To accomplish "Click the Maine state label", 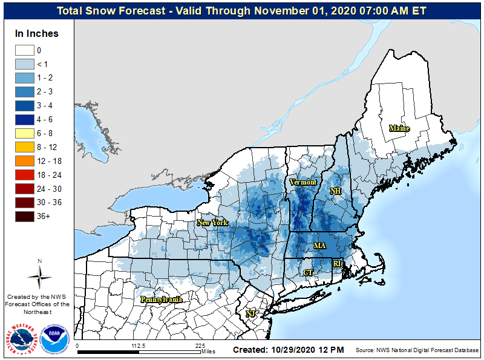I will coord(399,128).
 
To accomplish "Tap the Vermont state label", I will coord(302,182).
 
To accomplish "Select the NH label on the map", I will coord(336,191).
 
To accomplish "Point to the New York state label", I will coord(212,223).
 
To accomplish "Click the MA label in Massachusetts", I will coord(319,246).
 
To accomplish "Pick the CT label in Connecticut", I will coord(308,273).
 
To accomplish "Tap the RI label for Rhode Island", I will coord(338,264).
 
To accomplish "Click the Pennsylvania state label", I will coord(161,299).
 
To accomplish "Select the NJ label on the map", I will coord(250,314).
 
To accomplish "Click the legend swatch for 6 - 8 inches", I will coord(25,133).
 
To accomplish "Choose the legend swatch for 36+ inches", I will coord(25,215).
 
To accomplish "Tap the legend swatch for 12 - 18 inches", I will coord(25,161).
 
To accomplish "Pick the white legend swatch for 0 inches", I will coord(25,51).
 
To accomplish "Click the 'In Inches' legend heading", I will coord(37,34).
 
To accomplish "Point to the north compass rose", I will coord(39,276).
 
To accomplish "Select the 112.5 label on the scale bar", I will coord(139,347).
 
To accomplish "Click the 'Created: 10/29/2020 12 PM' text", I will coord(288,350).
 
